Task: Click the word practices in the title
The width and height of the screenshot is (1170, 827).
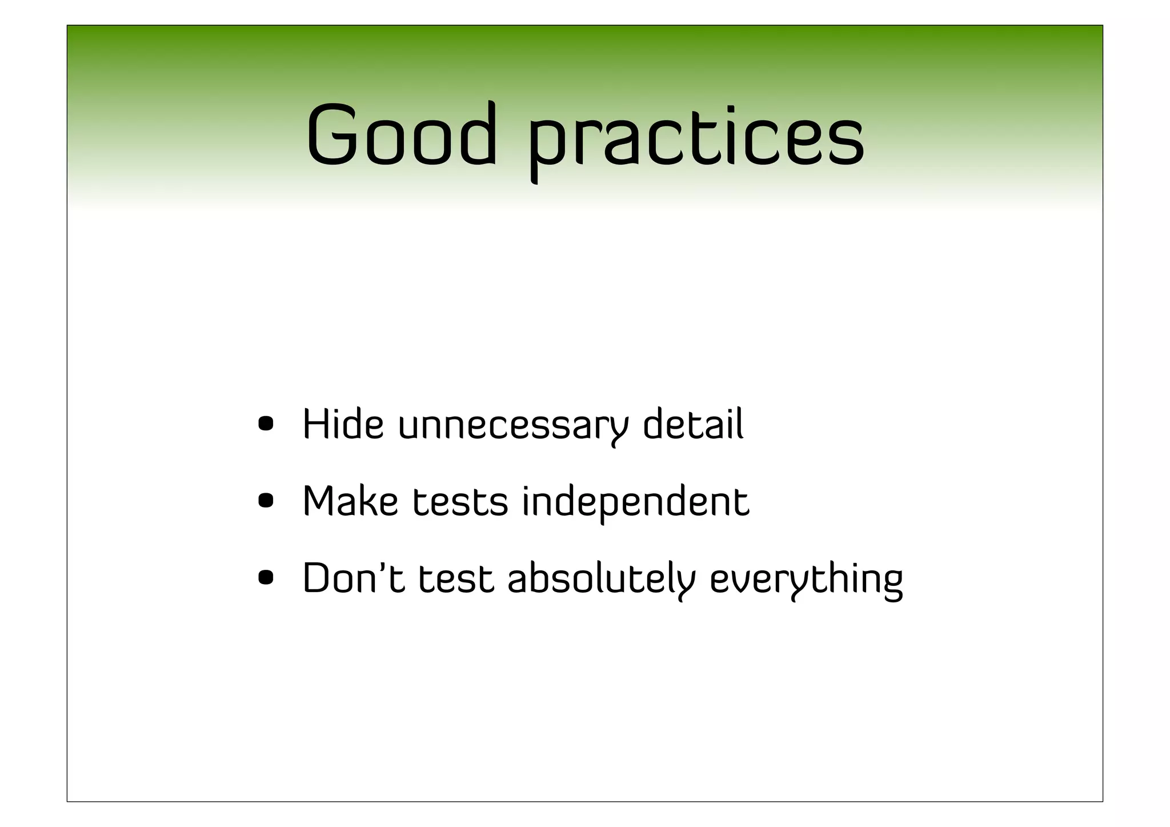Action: point(696,141)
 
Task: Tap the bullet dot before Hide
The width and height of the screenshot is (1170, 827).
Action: point(266,424)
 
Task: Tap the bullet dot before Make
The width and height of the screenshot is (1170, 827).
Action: point(266,501)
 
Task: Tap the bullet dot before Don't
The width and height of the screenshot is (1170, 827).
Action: point(266,578)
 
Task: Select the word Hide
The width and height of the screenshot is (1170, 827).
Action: point(342,424)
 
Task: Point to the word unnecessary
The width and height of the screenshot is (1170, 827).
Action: point(512,426)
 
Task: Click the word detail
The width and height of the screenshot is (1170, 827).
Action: point(693,424)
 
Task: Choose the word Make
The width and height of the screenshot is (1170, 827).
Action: point(350,501)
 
